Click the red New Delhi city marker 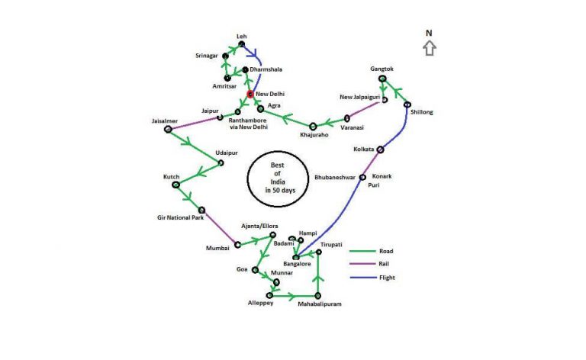(x=250, y=94)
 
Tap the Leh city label (x=242, y=36)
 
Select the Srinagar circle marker (x=225, y=56)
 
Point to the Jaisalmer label (x=165, y=121)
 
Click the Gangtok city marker (x=382, y=79)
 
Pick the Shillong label (x=421, y=112)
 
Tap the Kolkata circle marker (x=380, y=149)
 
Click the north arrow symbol (x=430, y=48)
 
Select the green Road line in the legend (x=362, y=252)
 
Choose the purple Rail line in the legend (x=362, y=264)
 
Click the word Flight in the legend (x=387, y=278)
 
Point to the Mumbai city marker (x=238, y=245)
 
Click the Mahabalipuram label (x=320, y=304)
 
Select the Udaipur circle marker (x=221, y=162)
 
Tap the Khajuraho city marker (x=313, y=127)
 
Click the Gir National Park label (x=181, y=217)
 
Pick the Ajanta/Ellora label (x=259, y=226)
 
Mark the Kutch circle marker (x=176, y=185)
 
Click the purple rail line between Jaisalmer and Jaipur (x=194, y=124)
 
